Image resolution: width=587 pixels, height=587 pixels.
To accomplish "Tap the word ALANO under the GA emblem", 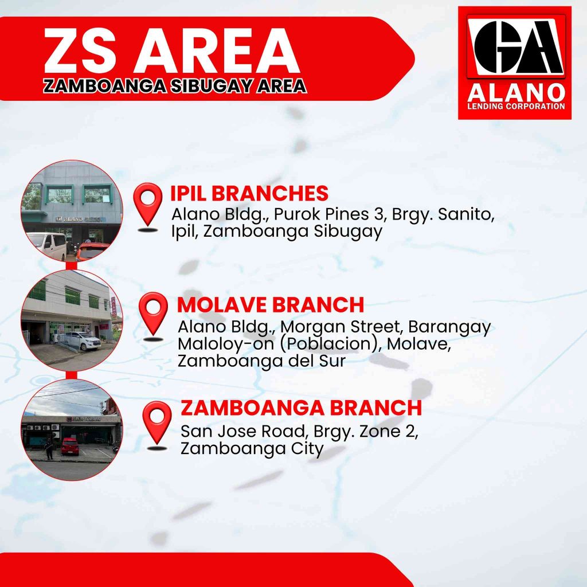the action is point(516,93).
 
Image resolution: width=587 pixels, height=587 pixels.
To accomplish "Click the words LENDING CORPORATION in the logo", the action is point(516,106).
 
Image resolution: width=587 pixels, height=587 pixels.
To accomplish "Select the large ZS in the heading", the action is point(80,50).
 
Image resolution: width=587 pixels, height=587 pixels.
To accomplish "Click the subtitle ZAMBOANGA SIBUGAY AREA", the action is point(175,86).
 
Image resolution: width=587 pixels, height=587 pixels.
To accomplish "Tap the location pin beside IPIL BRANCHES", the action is point(148,206).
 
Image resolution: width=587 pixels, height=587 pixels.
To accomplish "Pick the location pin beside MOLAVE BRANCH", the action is point(153,316).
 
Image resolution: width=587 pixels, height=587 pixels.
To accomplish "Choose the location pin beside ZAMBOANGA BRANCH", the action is point(157,425).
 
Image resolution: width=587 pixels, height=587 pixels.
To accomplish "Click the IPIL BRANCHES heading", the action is point(249,193).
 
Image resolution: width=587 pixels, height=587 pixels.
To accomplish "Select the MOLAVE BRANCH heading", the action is point(271,305).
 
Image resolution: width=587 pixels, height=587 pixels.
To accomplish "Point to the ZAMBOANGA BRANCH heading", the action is point(301,408).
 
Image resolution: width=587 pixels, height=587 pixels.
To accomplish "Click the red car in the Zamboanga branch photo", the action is point(70,446).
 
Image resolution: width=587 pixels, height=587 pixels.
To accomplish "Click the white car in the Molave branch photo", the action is point(80,341).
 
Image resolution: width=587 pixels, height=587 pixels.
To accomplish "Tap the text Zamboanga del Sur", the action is point(261,361).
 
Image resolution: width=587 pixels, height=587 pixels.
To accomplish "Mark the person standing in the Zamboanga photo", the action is point(49,449).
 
